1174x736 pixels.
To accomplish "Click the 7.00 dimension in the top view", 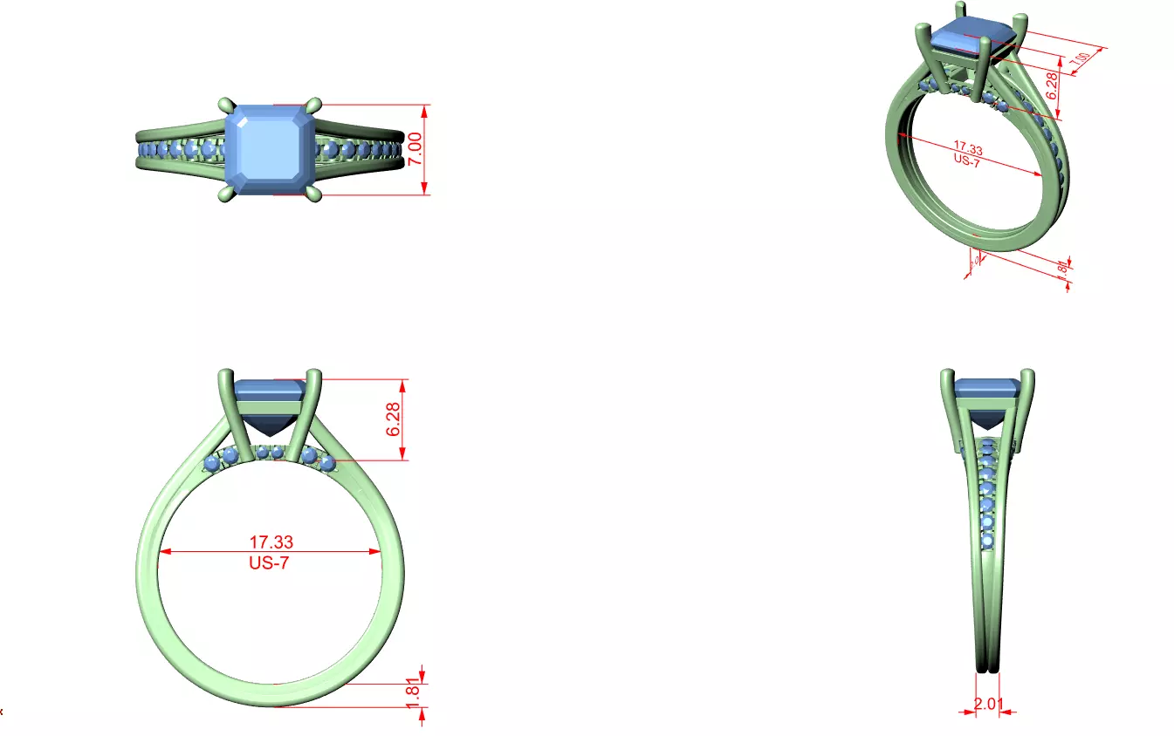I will pyautogui.click(x=416, y=149).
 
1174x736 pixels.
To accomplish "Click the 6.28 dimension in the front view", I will pyautogui.click(x=393, y=419).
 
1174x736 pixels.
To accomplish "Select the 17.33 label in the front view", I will pyautogui.click(x=271, y=542).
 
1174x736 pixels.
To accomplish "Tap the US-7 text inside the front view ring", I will pyautogui.click(x=269, y=563).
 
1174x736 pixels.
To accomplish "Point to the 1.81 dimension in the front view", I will pyautogui.click(x=414, y=694).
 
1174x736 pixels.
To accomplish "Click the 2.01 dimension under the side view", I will pyautogui.click(x=986, y=703).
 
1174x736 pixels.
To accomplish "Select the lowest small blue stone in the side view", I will pyautogui.click(x=987, y=542).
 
